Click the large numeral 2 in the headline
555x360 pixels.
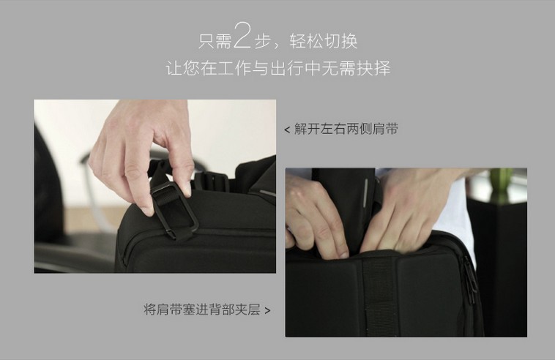click(x=242, y=34)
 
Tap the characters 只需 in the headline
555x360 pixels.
click(x=215, y=42)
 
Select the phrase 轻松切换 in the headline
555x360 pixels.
click(x=324, y=42)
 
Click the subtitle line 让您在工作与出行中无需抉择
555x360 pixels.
click(x=278, y=68)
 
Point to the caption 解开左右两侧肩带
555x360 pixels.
click(x=346, y=129)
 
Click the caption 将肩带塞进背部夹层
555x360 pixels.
click(x=202, y=310)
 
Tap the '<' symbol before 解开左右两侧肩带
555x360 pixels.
click(x=287, y=130)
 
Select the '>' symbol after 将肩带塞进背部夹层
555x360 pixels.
click(x=267, y=311)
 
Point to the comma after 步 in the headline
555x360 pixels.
click(x=275, y=46)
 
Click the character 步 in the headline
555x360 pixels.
click(x=262, y=42)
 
